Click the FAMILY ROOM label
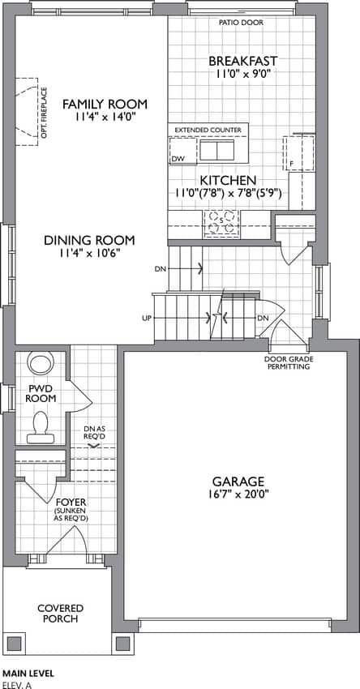pyautogui.click(x=105, y=104)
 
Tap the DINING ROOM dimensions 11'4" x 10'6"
pyautogui.click(x=89, y=253)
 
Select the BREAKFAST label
pyautogui.click(x=242, y=61)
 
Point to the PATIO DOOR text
pyautogui.click(x=242, y=23)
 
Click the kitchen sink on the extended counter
pyautogui.click(x=217, y=150)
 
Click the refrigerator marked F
pyautogui.click(x=298, y=153)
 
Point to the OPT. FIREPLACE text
pyautogui.click(x=44, y=113)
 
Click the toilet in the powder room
pyautogui.click(x=41, y=427)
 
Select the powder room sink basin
pyautogui.click(x=41, y=363)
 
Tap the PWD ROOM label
pyautogui.click(x=41, y=394)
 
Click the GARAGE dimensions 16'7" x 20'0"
pyautogui.click(x=238, y=494)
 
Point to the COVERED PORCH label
pyautogui.click(x=60, y=614)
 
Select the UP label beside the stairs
pyautogui.click(x=147, y=318)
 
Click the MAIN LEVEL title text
pyautogui.click(x=28, y=673)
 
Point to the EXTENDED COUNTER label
pyautogui.click(x=208, y=130)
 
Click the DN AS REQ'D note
pyautogui.click(x=94, y=433)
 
